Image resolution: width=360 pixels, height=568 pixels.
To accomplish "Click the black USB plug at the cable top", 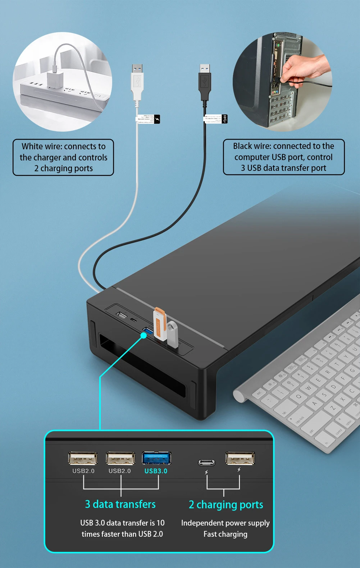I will pos(205,82).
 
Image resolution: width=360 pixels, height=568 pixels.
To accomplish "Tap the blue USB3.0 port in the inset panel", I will pos(156,458).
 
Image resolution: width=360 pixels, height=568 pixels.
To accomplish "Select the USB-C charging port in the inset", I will pos(207,462).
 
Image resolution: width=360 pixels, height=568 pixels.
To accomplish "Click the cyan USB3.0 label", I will pos(156,471).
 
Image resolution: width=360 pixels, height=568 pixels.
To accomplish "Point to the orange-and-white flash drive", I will pos(160,324).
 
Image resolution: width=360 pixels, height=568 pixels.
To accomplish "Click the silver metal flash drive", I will pos(173,335).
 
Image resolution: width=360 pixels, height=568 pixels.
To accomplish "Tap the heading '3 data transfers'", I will pos(120,504).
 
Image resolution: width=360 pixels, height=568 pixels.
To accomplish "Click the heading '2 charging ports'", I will pos(226,505).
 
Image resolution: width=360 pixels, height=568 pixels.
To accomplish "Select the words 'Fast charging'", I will pos(225,534).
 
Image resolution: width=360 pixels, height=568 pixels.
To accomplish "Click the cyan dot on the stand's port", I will pos(143,335).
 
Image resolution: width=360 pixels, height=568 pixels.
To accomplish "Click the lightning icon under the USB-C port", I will pos(206,472).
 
